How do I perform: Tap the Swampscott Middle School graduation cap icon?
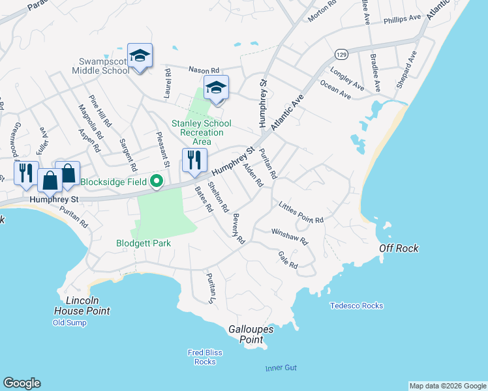pos(140,55)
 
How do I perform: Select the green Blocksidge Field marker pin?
pos(157,182)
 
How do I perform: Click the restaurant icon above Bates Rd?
pos(194,160)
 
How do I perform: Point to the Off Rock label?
pos(399,248)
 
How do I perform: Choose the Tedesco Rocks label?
pos(356,306)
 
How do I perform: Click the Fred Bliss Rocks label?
pos(205,357)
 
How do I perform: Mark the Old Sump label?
pos(69,323)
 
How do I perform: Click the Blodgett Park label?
pos(144,243)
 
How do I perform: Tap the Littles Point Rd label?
pos(301,212)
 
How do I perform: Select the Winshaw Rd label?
pos(290,235)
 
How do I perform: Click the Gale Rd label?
pos(288,260)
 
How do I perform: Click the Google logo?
pos(22,383)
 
